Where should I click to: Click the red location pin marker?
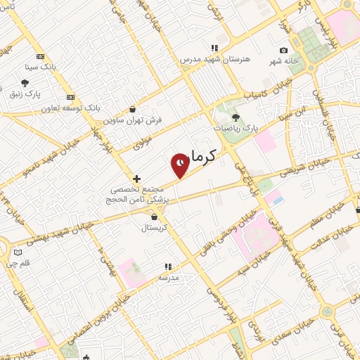[180, 165]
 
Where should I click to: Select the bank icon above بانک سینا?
[40, 57]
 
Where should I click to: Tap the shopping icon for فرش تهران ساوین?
[133, 109]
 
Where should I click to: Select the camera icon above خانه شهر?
[283, 50]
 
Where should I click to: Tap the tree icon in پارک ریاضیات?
[236, 117]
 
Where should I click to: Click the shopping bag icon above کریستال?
[153, 217]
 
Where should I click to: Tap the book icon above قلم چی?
[18, 252]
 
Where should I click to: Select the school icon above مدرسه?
[167, 266]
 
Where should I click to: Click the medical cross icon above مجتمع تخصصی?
[136, 179]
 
